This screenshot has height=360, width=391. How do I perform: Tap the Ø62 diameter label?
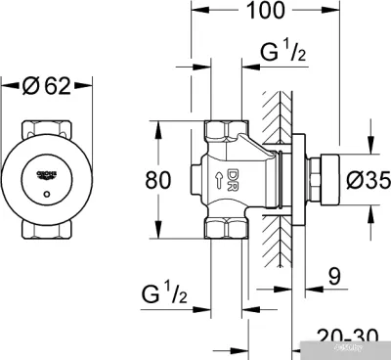coord(46,87)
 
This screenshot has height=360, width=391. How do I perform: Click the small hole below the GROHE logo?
coord(48,196)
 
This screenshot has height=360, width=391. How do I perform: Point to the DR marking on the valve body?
coord(233,179)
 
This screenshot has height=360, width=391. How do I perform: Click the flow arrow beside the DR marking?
coord(216,179)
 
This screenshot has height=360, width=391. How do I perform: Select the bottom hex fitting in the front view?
coord(48,231)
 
